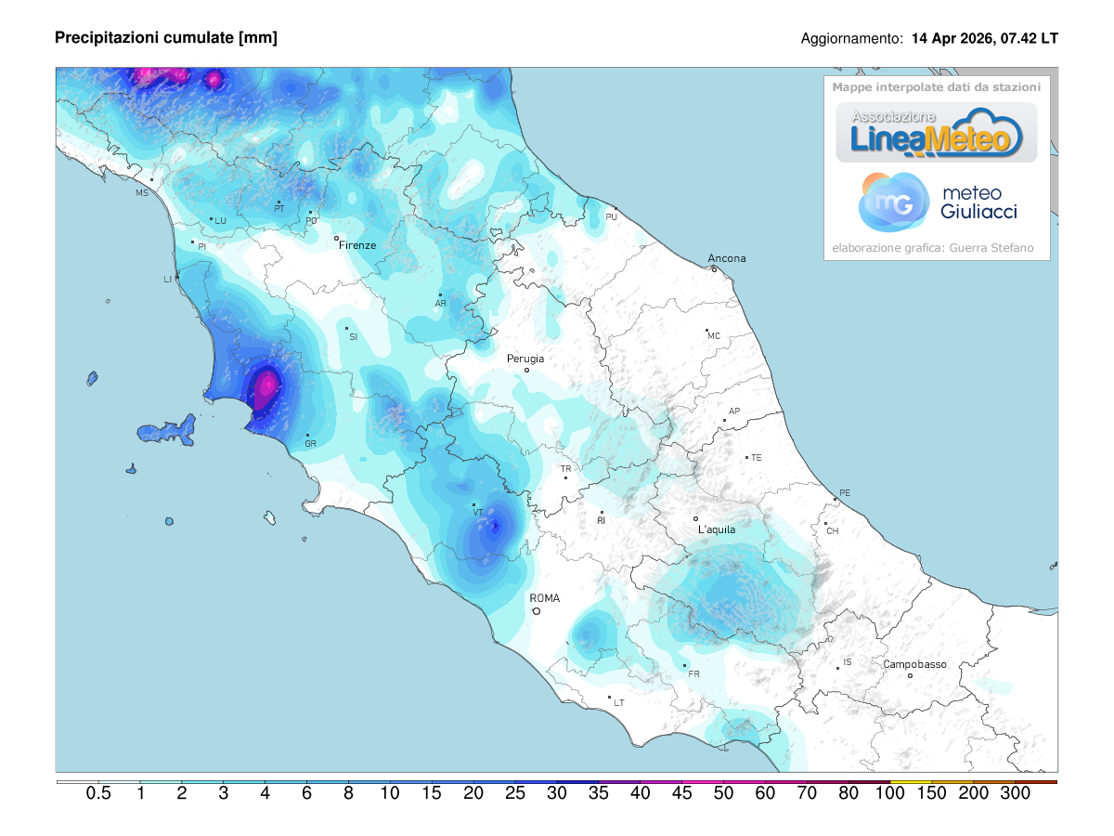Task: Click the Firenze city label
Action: point(357,245)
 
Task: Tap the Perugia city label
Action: point(525,359)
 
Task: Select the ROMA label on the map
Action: point(544,598)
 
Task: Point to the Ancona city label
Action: point(727,258)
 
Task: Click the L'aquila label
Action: point(716,529)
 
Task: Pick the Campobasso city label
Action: point(914,664)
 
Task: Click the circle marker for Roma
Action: point(537,611)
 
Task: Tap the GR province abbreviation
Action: point(311,444)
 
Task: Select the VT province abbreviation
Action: point(477,512)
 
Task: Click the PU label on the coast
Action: point(611,216)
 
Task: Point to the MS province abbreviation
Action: point(142,193)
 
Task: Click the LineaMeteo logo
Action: point(937,133)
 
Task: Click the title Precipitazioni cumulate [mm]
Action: point(166,37)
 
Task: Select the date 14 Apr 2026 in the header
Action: point(953,39)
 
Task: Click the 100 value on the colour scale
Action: point(890,793)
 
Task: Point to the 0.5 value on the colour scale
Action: point(98,793)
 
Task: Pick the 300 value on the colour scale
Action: point(1015,793)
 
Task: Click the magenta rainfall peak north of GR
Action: point(267,383)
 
